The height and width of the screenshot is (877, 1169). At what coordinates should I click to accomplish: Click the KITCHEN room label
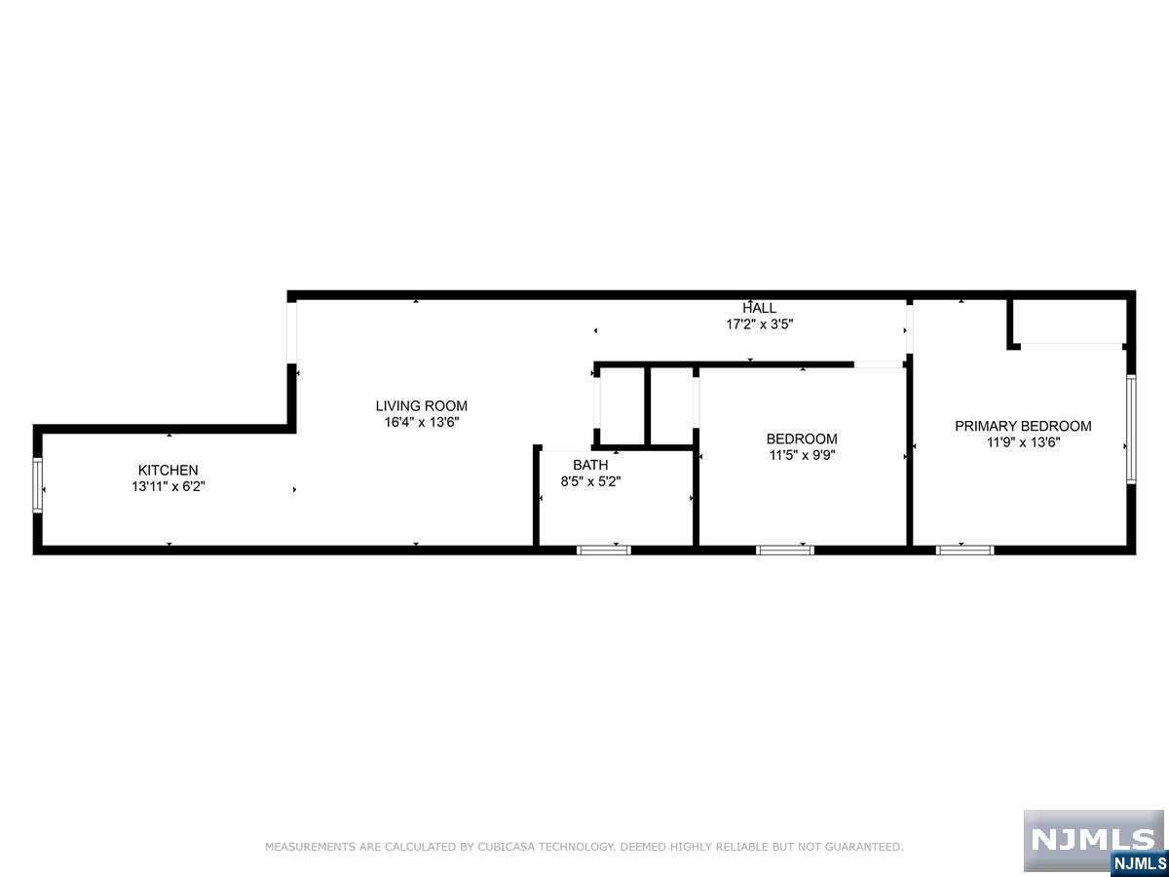(x=168, y=471)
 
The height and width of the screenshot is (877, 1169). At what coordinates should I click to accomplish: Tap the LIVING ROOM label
(x=421, y=405)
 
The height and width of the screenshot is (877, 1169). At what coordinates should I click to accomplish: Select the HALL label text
(x=760, y=308)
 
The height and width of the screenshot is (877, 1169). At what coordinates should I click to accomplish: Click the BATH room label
(x=590, y=465)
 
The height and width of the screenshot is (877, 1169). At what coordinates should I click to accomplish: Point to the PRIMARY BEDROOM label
(x=1023, y=426)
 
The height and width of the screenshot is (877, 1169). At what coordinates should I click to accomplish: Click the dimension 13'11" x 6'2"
(x=169, y=486)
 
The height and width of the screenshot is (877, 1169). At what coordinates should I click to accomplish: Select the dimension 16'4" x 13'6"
(x=422, y=422)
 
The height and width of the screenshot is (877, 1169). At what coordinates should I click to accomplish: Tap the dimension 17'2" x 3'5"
(x=760, y=324)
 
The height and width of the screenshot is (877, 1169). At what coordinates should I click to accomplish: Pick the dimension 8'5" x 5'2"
(x=590, y=481)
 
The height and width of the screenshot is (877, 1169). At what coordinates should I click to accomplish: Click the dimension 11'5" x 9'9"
(x=802, y=455)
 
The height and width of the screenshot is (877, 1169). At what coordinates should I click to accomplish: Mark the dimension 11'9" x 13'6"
(x=1024, y=442)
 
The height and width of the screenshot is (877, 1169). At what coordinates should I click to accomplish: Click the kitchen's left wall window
(x=37, y=485)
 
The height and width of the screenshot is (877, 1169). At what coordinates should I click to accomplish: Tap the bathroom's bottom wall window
(x=604, y=550)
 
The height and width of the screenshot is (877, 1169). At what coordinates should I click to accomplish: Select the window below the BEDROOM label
(x=785, y=550)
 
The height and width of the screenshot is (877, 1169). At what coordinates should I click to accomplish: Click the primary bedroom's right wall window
(x=1131, y=429)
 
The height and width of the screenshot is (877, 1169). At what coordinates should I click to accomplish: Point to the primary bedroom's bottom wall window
(x=965, y=550)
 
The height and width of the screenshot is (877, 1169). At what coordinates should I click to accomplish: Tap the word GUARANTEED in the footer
(x=863, y=846)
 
